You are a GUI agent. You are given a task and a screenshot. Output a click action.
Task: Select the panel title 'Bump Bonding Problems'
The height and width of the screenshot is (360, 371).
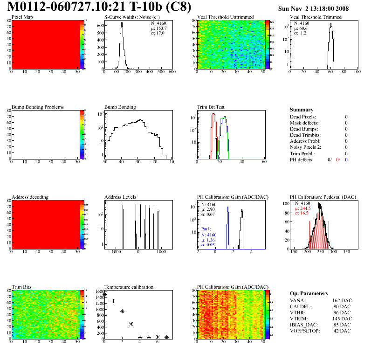pyautogui.click(x=38, y=107)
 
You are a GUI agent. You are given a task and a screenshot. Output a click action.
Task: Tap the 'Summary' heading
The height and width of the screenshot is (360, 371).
pyautogui.click(x=302, y=110)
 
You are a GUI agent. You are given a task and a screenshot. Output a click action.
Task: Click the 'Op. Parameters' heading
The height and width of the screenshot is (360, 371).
pyautogui.click(x=309, y=293)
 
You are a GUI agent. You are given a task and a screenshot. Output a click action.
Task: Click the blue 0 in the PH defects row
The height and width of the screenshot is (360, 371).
pyautogui.click(x=347, y=159)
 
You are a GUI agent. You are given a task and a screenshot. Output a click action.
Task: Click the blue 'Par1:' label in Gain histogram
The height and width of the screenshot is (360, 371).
pyautogui.click(x=206, y=229)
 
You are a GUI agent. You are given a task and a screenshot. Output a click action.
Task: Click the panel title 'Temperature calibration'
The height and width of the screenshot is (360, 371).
pyautogui.click(x=129, y=287)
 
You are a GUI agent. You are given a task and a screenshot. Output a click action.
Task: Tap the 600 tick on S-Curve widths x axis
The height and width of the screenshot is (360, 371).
pyautogui.click(x=172, y=72)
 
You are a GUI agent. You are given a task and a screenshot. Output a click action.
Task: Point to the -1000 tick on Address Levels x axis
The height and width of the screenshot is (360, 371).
pyautogui.click(x=114, y=251)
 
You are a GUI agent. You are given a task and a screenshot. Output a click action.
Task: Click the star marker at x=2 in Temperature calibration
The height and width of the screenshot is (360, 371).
pyautogui.click(x=122, y=311)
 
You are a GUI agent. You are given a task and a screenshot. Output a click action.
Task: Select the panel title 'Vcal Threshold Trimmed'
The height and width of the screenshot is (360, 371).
pyautogui.click(x=316, y=17)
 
